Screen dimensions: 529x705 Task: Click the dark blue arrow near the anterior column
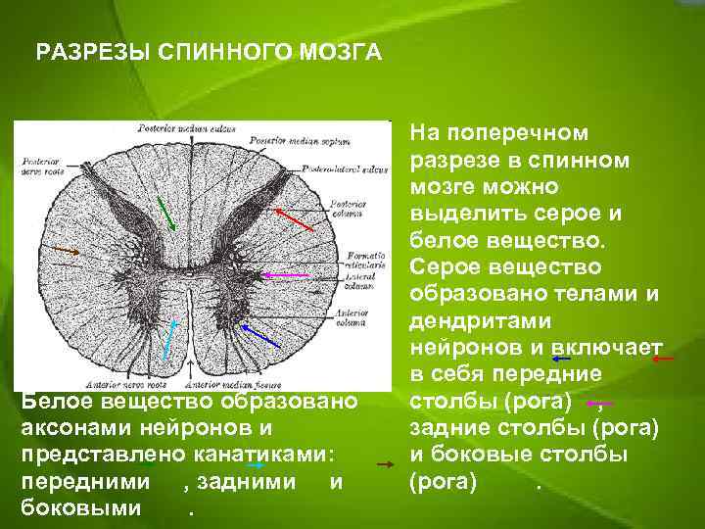point(260,333)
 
